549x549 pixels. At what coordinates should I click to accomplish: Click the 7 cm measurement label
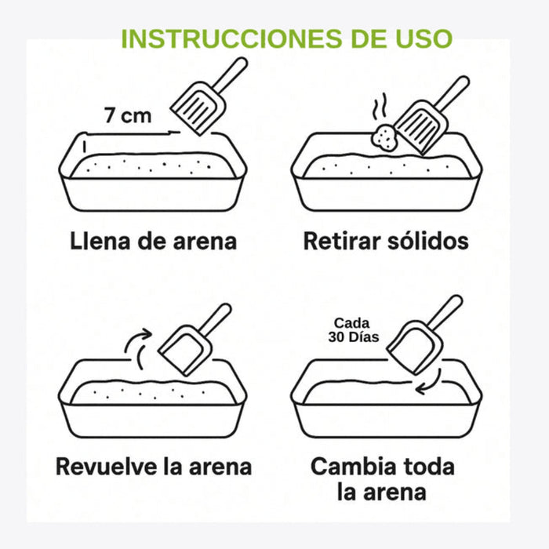click(x=128, y=115)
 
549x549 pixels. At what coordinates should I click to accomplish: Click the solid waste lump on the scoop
click(x=385, y=138)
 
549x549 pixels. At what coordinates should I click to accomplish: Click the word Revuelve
click(x=107, y=467)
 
